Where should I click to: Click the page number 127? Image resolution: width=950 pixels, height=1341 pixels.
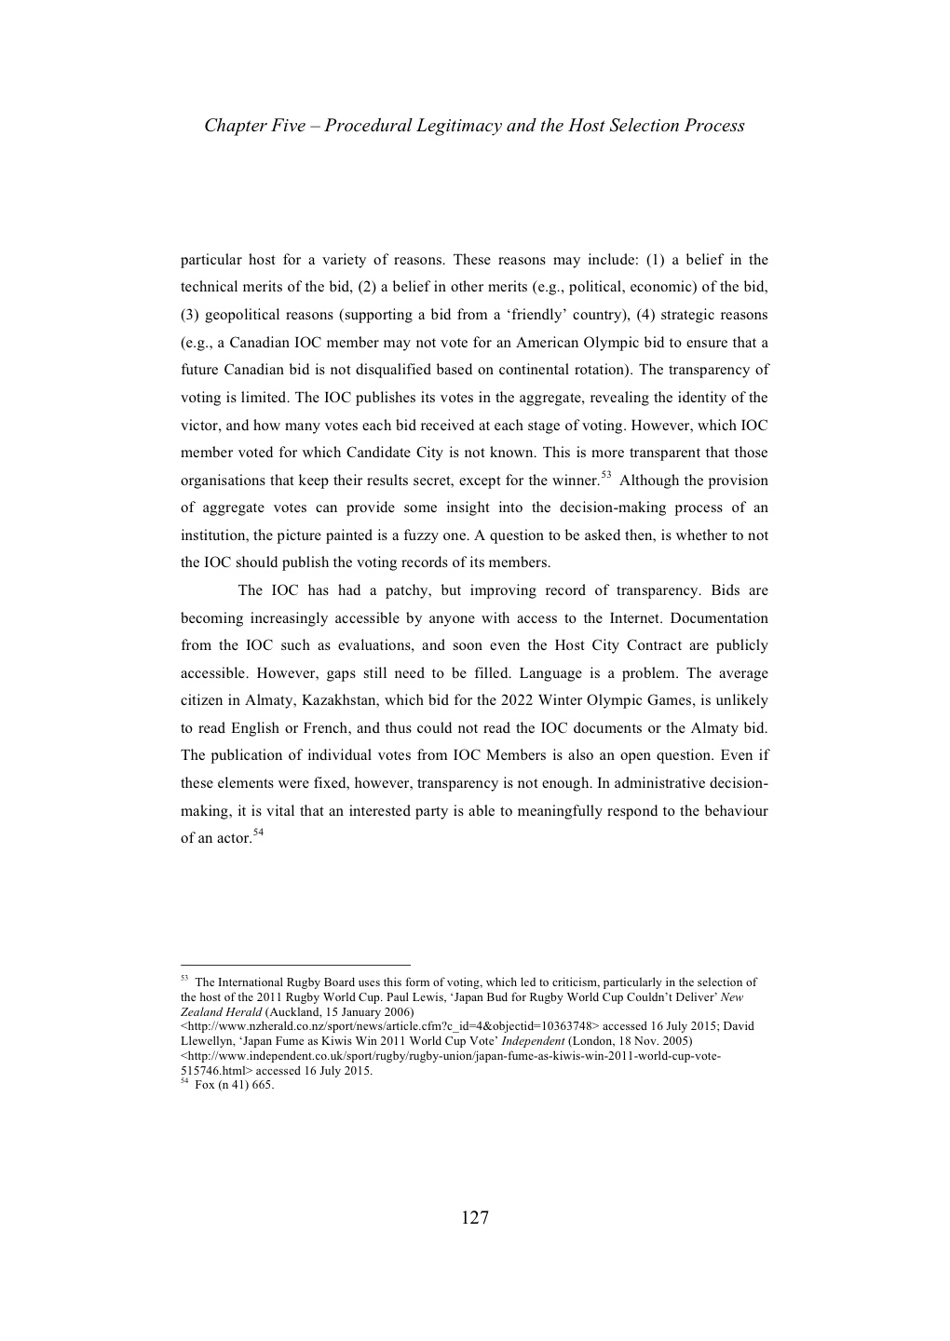474,1218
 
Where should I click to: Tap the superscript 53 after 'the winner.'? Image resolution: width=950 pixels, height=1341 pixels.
605,476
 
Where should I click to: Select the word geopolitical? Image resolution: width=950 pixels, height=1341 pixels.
244,315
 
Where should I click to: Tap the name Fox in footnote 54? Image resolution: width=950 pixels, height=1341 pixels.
203,1085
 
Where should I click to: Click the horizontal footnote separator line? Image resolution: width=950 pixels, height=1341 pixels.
295,966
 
